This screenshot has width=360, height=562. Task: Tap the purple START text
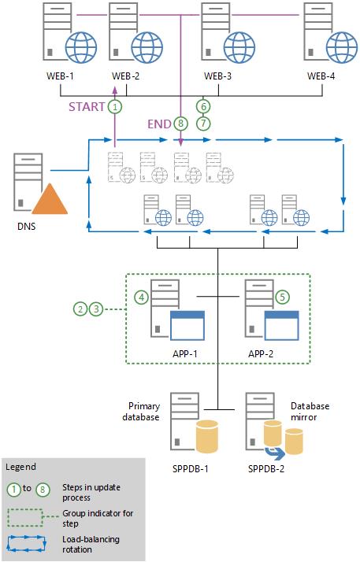pyautogui.click(x=86, y=106)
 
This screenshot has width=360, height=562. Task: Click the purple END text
pyautogui.click(x=158, y=124)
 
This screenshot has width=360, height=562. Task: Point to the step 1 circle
pyautogui.click(x=115, y=106)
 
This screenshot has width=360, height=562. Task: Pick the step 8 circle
pyautogui.click(x=181, y=124)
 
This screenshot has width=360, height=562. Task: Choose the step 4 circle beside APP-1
pyautogui.click(x=142, y=298)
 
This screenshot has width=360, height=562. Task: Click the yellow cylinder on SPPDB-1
pyautogui.click(x=207, y=437)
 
